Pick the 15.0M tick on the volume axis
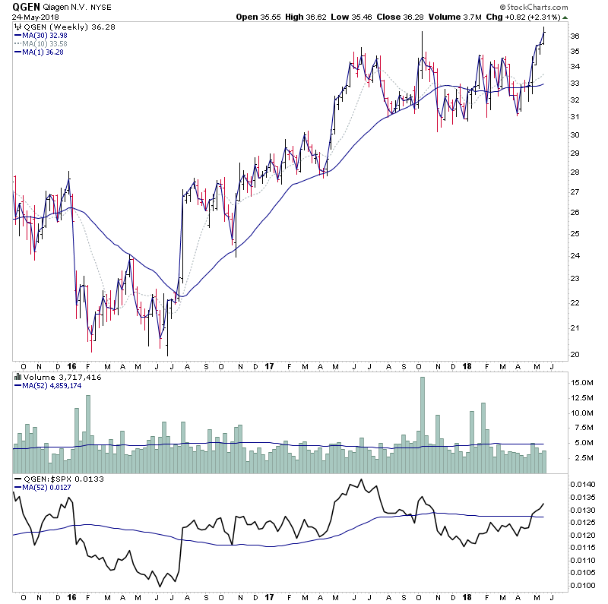click(581, 384)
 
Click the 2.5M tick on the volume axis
click(580, 458)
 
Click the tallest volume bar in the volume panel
click(423, 425)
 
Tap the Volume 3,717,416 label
click(53, 376)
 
